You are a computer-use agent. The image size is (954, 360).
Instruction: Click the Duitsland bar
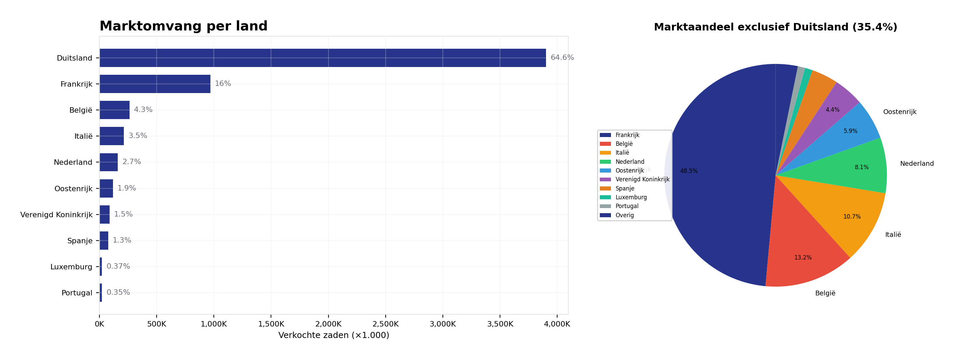click(322, 58)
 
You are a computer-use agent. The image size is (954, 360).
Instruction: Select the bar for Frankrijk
click(155, 84)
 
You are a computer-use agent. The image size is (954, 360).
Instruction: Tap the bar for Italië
click(112, 136)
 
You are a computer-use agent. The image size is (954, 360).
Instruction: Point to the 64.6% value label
click(562, 58)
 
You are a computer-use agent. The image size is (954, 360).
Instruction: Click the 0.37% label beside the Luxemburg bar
click(118, 266)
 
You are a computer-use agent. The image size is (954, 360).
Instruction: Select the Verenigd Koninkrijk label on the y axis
click(56, 215)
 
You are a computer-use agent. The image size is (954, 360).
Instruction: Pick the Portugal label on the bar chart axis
click(77, 293)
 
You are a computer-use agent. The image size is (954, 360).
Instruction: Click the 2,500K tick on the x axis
click(385, 324)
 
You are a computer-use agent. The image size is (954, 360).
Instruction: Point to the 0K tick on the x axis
click(99, 324)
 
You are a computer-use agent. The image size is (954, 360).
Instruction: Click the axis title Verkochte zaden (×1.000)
click(333, 335)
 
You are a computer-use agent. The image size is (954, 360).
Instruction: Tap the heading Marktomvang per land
click(183, 26)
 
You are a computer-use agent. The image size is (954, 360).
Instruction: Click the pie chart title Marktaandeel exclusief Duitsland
click(775, 27)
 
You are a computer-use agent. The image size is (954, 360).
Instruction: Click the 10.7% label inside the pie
click(852, 217)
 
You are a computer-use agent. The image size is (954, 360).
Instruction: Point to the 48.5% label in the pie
click(688, 171)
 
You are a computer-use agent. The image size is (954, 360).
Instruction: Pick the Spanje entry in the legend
click(624, 188)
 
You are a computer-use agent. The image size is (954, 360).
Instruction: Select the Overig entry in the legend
click(624, 215)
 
